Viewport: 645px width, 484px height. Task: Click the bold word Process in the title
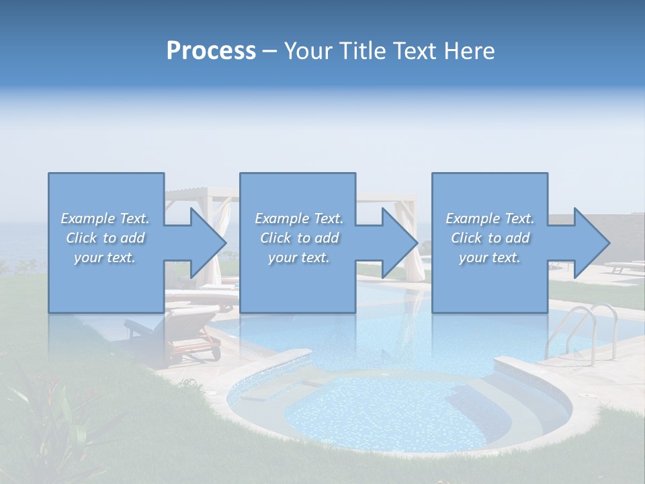pyautogui.click(x=211, y=51)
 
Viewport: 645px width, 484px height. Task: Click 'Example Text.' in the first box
pyautogui.click(x=105, y=218)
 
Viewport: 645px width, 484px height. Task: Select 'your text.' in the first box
pyautogui.click(x=105, y=257)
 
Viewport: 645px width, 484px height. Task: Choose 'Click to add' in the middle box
pyautogui.click(x=299, y=238)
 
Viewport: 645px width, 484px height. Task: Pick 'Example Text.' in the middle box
pyautogui.click(x=299, y=218)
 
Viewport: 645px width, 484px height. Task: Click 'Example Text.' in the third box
pyautogui.click(x=490, y=218)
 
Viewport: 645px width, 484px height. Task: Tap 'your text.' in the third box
pyautogui.click(x=490, y=257)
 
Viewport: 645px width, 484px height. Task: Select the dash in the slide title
pyautogui.click(x=269, y=51)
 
